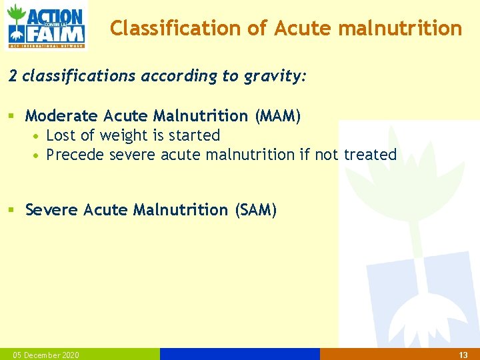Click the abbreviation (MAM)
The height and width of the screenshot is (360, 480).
[x=277, y=116]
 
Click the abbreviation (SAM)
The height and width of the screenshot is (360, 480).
[x=255, y=210]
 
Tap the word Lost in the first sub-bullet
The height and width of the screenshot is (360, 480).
[x=61, y=135]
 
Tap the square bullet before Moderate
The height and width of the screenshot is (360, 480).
[x=11, y=117]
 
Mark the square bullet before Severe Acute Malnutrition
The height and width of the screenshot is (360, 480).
[x=11, y=211]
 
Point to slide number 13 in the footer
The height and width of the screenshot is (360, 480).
[x=464, y=355]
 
